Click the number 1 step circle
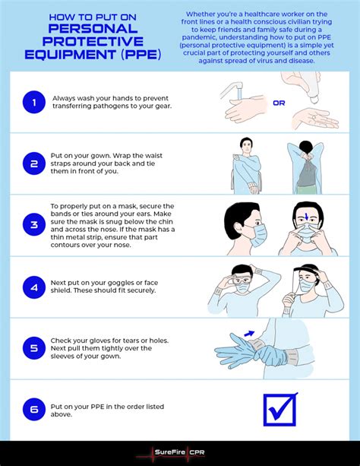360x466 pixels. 34,102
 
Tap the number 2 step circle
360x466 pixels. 34,163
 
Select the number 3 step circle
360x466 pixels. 34,224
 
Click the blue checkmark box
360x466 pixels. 279,411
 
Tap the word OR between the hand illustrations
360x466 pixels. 279,103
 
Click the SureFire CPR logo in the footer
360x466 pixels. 179,453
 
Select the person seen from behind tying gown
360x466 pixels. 307,163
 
